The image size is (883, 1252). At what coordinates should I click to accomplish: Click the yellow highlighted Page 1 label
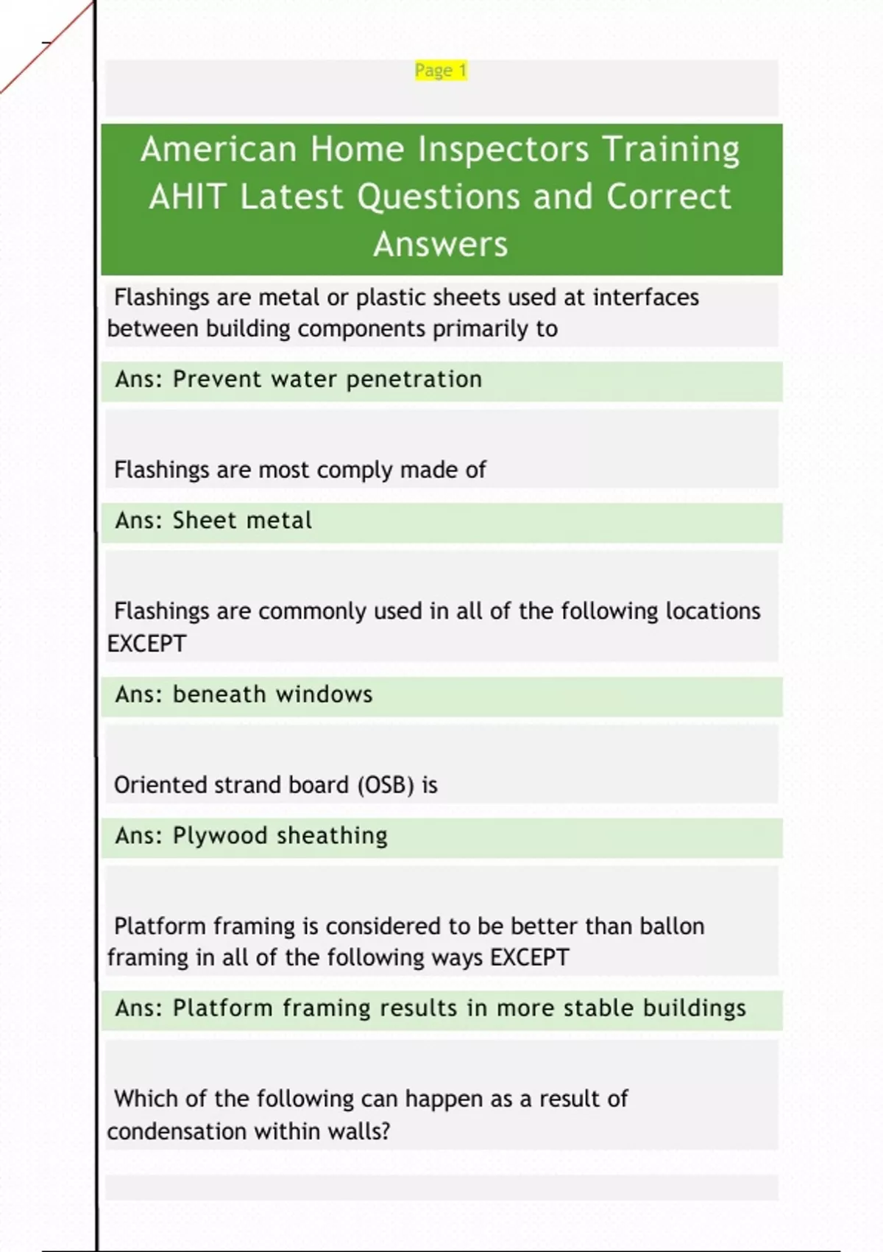tap(441, 71)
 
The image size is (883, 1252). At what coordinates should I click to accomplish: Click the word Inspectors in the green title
tap(503, 150)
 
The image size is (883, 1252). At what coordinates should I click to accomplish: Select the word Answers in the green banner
tap(441, 245)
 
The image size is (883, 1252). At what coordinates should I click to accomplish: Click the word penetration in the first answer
tap(414, 379)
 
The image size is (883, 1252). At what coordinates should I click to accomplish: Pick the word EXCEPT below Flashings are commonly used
tap(146, 644)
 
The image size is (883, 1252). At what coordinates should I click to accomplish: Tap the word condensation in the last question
tap(177, 1132)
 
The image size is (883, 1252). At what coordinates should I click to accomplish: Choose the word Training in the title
tap(671, 150)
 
